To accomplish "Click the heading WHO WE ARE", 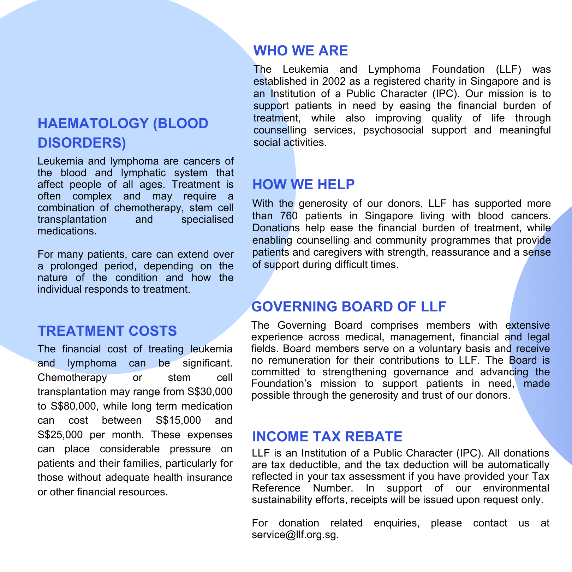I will pyautogui.click(x=300, y=51).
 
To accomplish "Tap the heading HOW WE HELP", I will pyautogui.click(x=303, y=185).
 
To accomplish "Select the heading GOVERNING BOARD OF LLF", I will pyautogui.click(x=348, y=306).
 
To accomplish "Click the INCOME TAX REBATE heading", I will pyautogui.click(x=327, y=436).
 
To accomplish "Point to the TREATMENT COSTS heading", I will pyautogui.click(x=107, y=331).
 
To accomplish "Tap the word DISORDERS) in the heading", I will pyautogui.click(x=82, y=142).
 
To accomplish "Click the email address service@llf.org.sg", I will pyautogui.click(x=295, y=535).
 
